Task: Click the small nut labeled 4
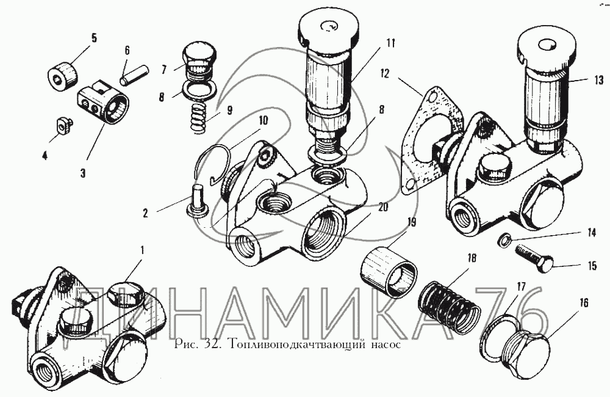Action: [62, 126]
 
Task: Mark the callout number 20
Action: [382, 206]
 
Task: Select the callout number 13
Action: [597, 79]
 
